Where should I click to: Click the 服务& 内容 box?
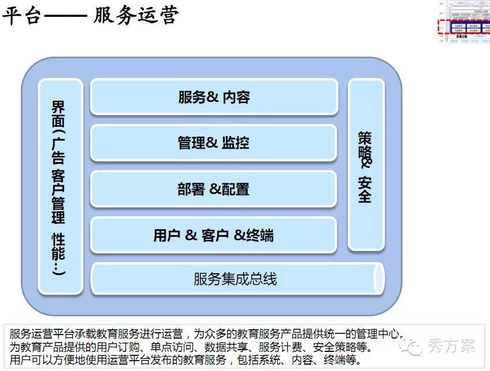pyautogui.click(x=214, y=97)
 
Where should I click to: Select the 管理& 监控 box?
pyautogui.click(x=214, y=142)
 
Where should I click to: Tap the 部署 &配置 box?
pyautogui.click(x=214, y=189)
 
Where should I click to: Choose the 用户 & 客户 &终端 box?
pyautogui.click(x=214, y=235)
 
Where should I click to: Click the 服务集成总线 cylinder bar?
pyautogui.click(x=236, y=279)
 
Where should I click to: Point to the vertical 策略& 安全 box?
pyautogui.click(x=365, y=165)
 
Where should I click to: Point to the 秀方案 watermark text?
pyautogui.click(x=452, y=346)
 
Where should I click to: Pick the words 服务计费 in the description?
pyautogui.click(x=279, y=347)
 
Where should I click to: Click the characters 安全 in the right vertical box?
pyautogui.click(x=365, y=189)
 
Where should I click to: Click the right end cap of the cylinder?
pyautogui.click(x=378, y=278)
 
